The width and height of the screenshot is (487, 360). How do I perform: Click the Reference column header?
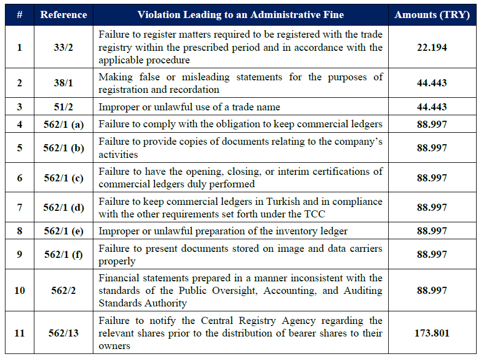coord(63,15)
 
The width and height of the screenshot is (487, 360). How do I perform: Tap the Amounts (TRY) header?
coord(432,15)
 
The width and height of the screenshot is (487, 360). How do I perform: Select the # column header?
coord(20,15)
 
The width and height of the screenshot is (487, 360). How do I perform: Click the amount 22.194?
coord(432,48)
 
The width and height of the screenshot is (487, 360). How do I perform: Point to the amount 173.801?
coord(432,333)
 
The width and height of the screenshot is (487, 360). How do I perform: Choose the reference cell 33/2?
coord(63,48)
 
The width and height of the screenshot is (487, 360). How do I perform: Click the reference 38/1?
coord(63,83)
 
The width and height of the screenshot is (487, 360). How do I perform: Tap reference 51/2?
coord(63,107)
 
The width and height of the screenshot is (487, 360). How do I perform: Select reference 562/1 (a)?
coord(63,125)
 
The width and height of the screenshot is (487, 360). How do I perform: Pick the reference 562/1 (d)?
coord(63,208)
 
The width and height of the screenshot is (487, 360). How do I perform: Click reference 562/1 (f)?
coord(63,255)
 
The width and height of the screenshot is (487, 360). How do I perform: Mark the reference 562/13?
coord(63,333)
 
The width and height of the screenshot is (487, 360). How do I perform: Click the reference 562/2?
coord(63,291)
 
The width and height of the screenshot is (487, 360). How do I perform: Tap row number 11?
coord(20,333)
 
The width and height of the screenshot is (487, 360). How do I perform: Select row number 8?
coord(20,231)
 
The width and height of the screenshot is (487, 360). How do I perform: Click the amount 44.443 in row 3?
coord(432,107)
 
